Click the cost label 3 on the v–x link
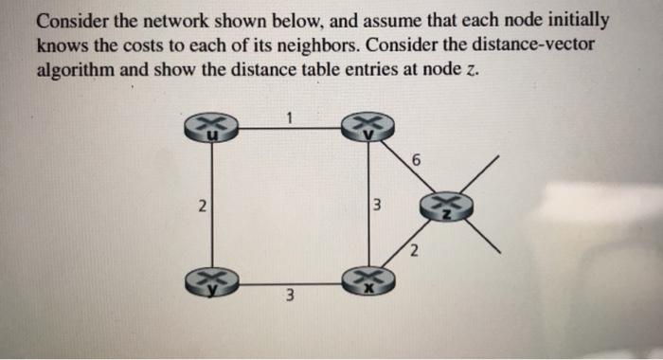click(x=377, y=206)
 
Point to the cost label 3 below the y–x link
click(x=292, y=299)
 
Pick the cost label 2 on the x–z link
click(x=414, y=251)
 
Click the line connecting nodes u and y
click(x=212, y=206)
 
